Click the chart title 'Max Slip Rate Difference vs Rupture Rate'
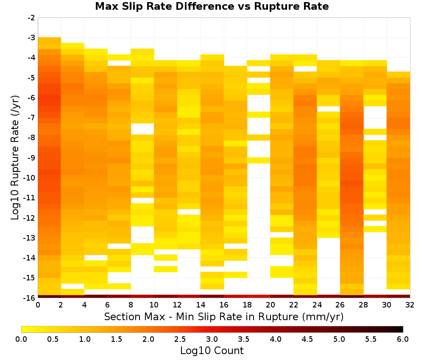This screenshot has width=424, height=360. click(212, 6)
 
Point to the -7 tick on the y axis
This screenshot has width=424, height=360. click(31, 117)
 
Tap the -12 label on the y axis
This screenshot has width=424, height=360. click(30, 218)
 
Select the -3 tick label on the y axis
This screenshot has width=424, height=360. click(31, 38)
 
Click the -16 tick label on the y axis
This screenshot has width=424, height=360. click(30, 298)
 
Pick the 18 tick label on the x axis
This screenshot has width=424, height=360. click(247, 305)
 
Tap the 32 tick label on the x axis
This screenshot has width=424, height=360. click(410, 305)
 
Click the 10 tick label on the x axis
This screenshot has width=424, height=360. click(154, 305)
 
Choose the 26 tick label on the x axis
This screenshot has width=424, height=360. click(340, 305)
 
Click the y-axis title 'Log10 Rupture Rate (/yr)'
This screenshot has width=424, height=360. click(15, 158)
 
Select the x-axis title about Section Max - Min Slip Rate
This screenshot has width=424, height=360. click(224, 317)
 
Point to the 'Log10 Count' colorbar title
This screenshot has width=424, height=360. click(212, 351)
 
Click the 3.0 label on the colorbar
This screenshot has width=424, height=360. click(212, 339)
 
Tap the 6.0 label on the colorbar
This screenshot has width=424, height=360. click(403, 339)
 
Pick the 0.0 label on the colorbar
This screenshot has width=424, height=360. click(21, 339)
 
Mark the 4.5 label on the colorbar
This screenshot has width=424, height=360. click(307, 339)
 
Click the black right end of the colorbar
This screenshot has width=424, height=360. click(402, 329)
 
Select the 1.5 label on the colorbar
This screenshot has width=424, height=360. click(117, 339)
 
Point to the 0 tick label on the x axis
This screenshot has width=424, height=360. click(38, 305)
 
